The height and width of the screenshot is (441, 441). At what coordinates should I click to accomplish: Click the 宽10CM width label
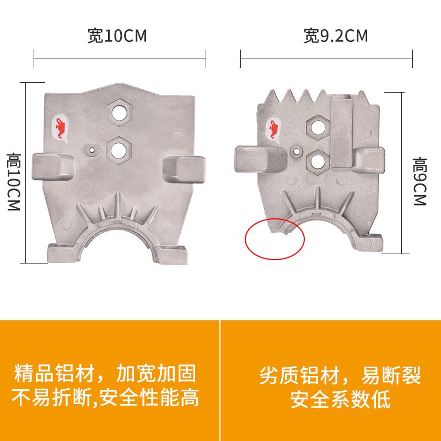click(x=117, y=36)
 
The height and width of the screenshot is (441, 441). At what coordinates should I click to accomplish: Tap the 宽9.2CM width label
click(x=335, y=36)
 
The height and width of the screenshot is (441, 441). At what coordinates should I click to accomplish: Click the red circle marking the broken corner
click(x=275, y=238)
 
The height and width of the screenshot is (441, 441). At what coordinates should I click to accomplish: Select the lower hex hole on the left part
click(x=119, y=148)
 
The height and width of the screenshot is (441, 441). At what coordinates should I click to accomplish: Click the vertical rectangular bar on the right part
click(x=340, y=131)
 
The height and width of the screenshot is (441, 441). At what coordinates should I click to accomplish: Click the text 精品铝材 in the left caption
click(x=52, y=374)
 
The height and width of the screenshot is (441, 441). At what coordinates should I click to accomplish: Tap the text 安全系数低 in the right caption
click(x=341, y=399)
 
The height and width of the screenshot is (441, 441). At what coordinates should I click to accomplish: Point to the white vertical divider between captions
click(x=220, y=380)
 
